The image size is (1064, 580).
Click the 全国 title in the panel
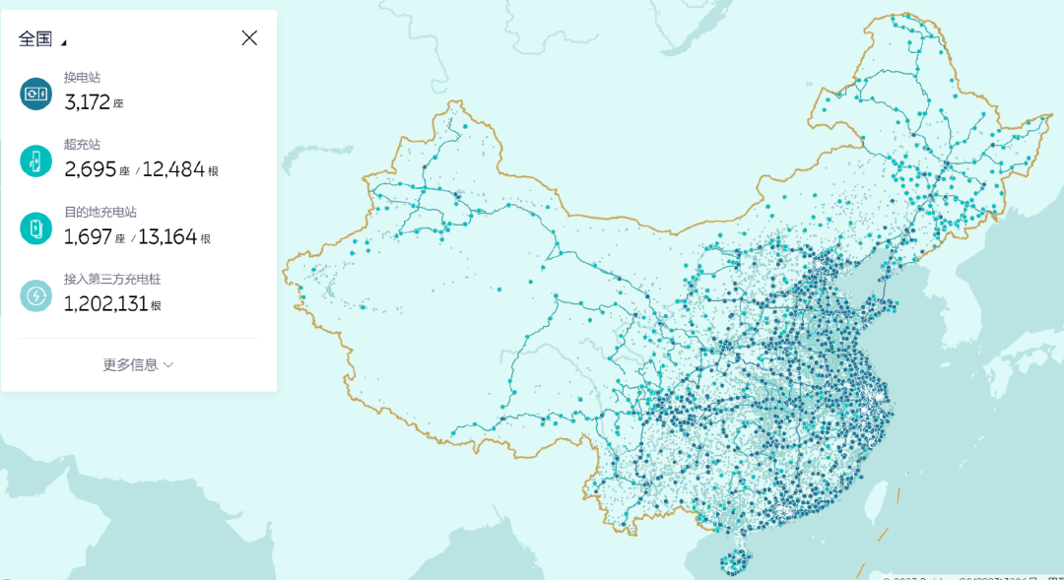click(35, 38)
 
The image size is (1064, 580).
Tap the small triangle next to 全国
click(64, 42)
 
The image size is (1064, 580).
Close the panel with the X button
click(249, 37)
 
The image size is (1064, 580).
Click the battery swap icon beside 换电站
click(35, 94)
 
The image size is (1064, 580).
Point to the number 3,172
click(87, 101)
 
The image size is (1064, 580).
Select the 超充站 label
click(82, 144)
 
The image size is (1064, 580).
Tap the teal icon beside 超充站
click(35, 161)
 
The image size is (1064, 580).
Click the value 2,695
click(91, 169)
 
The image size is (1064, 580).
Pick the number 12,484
click(173, 169)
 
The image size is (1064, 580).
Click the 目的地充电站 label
click(100, 212)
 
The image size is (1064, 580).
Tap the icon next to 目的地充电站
click(35, 228)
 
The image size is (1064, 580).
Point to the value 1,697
click(90, 237)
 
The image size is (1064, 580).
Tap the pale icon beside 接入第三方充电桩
click(35, 295)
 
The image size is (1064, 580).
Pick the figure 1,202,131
click(105, 304)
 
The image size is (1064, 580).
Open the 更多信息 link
click(130, 364)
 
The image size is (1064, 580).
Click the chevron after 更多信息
click(168, 364)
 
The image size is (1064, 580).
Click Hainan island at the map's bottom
click(733, 563)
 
